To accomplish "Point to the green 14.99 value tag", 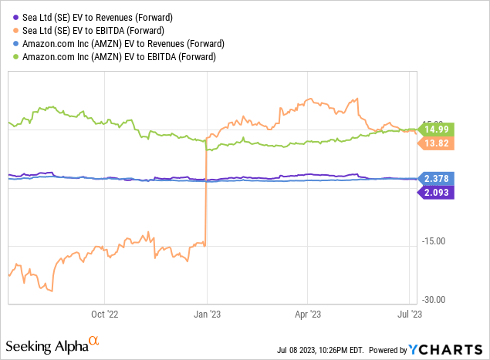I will click(437, 129).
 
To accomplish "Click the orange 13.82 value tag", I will click(437, 143).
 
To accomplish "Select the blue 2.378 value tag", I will click(437, 178).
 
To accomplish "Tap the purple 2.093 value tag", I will click(437, 192).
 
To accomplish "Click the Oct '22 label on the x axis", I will click(104, 314).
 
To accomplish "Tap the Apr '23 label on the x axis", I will click(307, 314).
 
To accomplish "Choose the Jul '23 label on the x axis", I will click(408, 314).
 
